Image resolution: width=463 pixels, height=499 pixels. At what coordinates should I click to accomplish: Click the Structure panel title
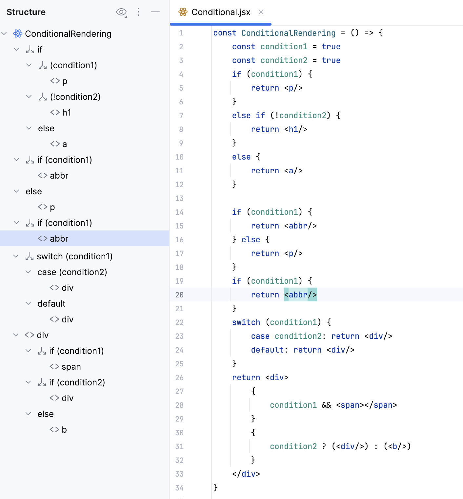click(26, 12)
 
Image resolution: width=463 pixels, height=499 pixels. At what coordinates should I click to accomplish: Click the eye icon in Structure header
click(121, 12)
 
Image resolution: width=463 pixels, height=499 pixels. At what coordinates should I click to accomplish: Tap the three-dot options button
click(138, 12)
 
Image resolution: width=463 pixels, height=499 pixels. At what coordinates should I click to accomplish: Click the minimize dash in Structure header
click(155, 12)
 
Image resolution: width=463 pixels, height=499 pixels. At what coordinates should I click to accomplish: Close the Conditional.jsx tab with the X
click(261, 12)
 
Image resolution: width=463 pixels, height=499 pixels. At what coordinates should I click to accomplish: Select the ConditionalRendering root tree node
click(68, 34)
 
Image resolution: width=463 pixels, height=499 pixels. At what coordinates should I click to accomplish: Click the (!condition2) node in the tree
click(75, 97)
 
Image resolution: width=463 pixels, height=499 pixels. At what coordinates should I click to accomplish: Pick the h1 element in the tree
click(67, 113)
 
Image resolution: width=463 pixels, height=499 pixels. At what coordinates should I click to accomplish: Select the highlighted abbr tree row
click(59, 239)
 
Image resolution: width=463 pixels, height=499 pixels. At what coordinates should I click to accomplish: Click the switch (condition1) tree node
click(74, 256)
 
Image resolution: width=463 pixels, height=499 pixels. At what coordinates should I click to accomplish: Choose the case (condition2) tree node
click(72, 272)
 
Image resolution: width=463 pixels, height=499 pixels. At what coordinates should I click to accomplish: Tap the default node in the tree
click(51, 304)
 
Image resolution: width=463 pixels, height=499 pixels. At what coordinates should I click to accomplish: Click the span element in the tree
click(71, 367)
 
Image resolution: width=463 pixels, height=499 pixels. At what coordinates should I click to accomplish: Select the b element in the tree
click(64, 430)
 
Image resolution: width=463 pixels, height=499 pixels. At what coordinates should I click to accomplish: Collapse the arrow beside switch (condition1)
click(16, 256)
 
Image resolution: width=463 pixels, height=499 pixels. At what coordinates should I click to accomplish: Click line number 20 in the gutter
click(179, 295)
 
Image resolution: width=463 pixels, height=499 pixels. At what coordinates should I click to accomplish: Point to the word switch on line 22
click(246, 322)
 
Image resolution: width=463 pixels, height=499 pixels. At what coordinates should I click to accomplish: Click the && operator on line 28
click(326, 405)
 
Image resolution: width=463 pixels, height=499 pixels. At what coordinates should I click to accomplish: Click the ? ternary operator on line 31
click(324, 446)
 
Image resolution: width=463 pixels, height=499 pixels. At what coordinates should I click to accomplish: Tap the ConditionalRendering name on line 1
click(288, 33)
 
